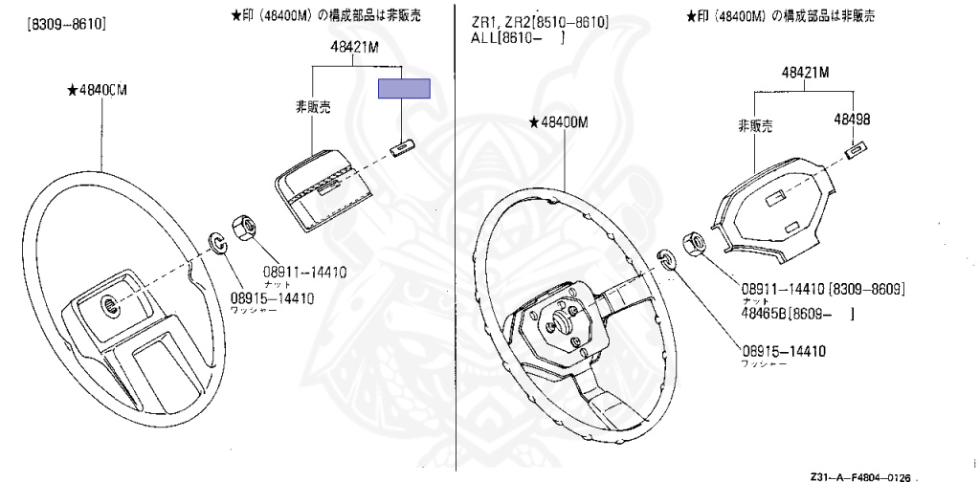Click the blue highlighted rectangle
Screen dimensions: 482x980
click(404, 89)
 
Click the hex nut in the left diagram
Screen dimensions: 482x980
click(242, 230)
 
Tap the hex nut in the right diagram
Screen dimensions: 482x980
click(693, 243)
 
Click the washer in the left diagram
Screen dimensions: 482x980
click(218, 243)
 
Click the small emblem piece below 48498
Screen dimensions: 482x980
click(857, 149)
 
